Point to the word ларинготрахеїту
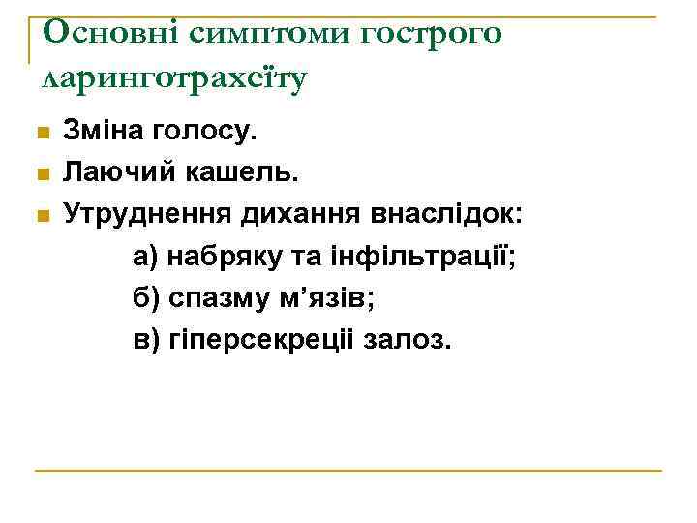point(175,78)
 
